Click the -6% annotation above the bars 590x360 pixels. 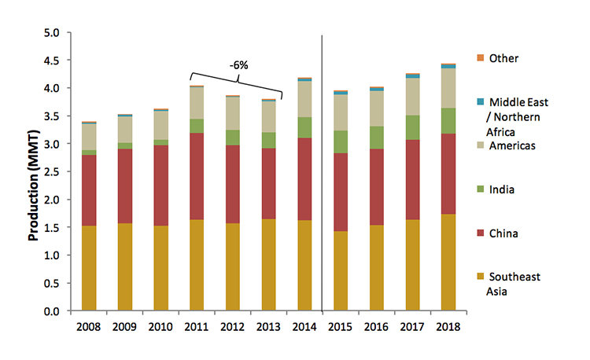coord(238,64)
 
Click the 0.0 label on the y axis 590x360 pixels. coord(57,311)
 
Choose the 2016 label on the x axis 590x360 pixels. coord(375,327)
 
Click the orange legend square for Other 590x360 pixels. coord(480,58)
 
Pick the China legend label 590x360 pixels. coord(503,233)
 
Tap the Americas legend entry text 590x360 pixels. coord(513,145)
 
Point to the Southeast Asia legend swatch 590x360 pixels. coord(480,277)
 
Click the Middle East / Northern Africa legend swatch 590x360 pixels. coord(480,102)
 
